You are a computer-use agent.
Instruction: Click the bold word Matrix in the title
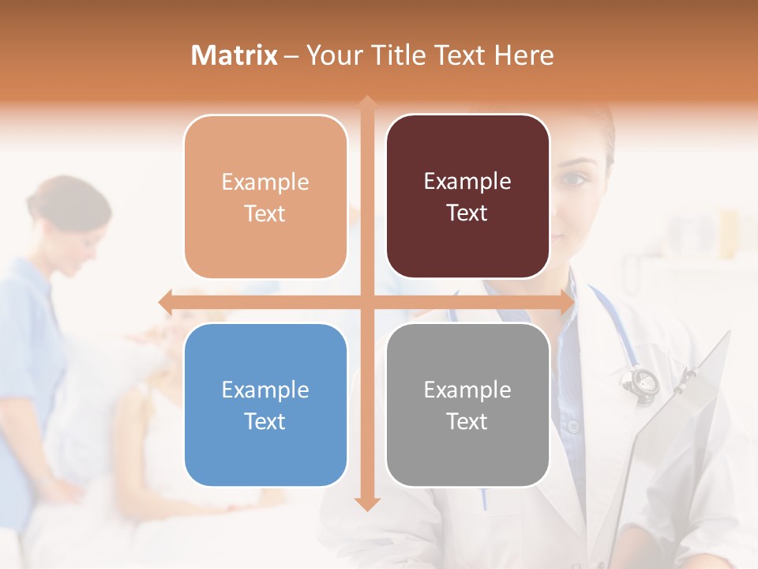(x=235, y=55)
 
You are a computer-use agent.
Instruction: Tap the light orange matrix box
(x=265, y=197)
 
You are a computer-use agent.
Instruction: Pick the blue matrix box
(x=265, y=405)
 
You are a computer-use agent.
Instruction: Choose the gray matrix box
(x=467, y=405)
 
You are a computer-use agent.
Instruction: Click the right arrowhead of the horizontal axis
(x=568, y=302)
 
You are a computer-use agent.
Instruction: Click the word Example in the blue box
(x=265, y=390)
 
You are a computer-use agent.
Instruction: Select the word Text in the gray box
(x=467, y=421)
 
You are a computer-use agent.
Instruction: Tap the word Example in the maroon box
(x=467, y=181)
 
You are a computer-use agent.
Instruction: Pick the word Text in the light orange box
(x=265, y=213)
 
